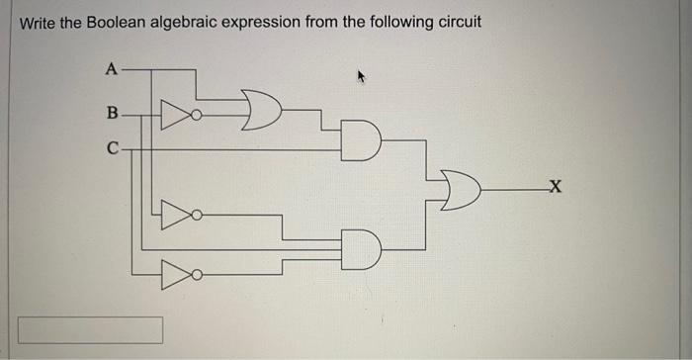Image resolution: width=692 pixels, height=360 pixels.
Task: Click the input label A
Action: click(111, 68)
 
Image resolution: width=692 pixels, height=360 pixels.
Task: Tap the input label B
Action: click(111, 114)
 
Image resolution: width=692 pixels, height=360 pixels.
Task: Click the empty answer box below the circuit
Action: click(90, 329)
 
